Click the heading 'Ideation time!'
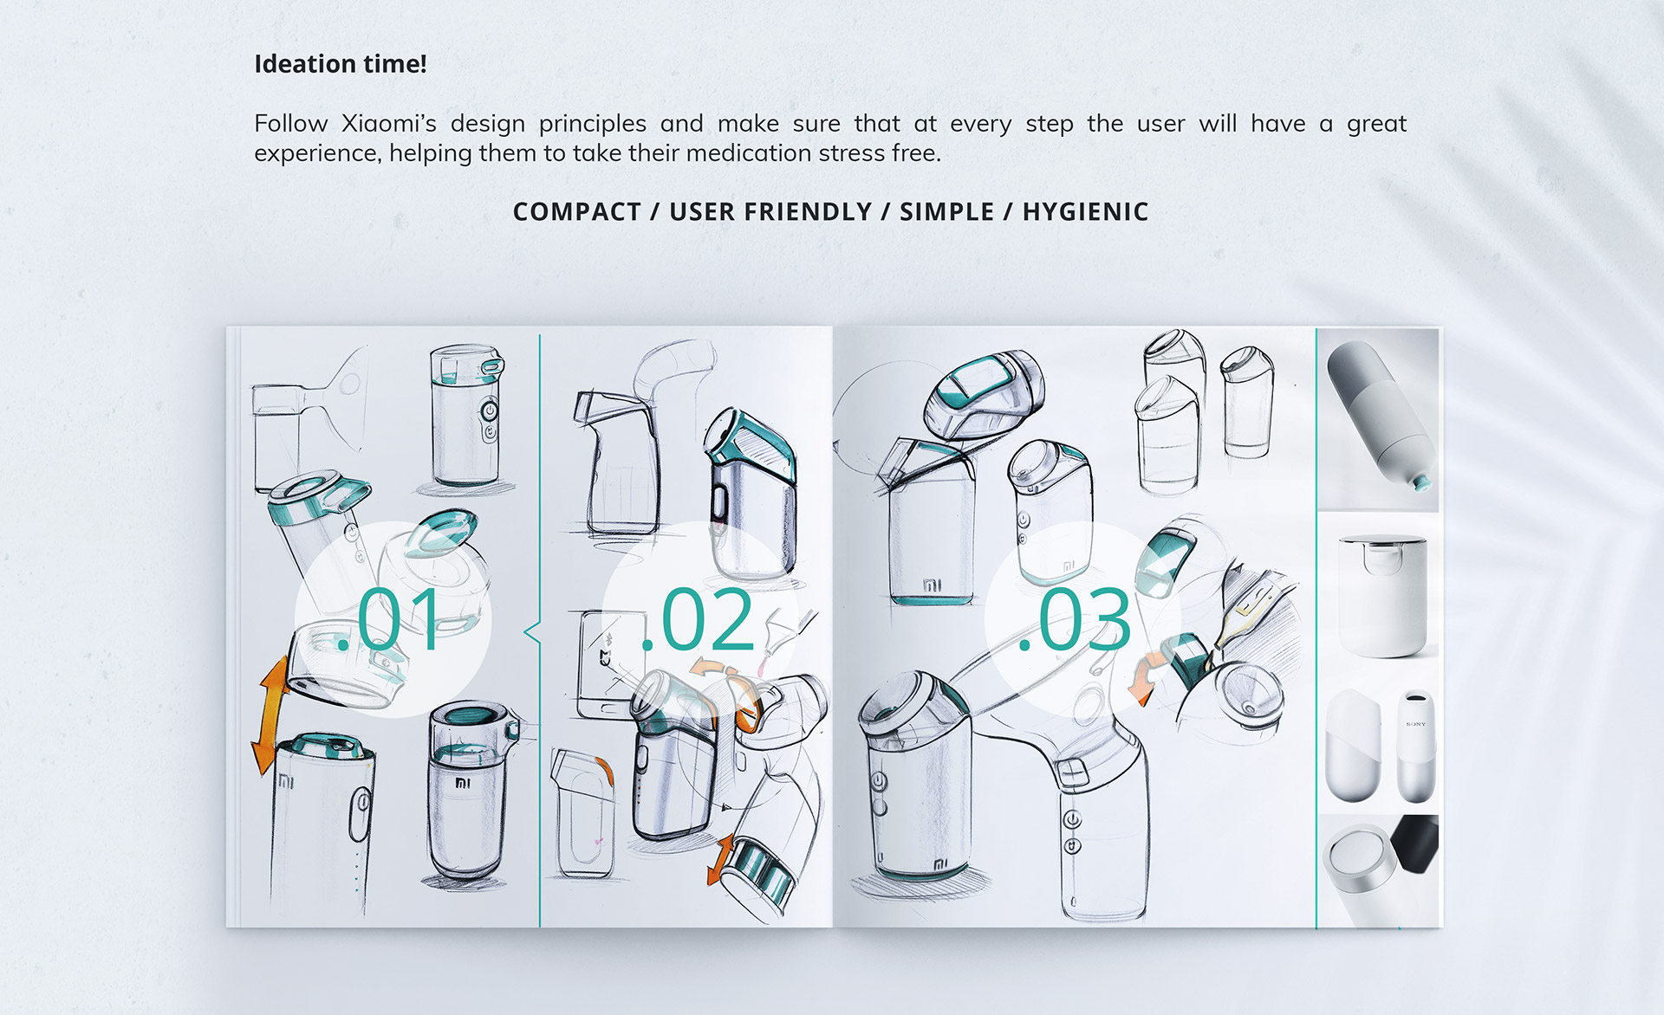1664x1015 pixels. tap(340, 64)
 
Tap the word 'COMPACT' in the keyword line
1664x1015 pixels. tap(576, 212)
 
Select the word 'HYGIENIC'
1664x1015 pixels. tap(1085, 212)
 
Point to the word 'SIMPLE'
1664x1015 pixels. tap(946, 212)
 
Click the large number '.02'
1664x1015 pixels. tap(698, 620)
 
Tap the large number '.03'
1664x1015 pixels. tap(1075, 620)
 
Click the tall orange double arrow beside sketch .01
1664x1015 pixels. tap(270, 715)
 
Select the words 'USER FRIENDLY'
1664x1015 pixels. tap(770, 212)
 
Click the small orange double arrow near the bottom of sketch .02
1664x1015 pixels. tap(720, 859)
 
